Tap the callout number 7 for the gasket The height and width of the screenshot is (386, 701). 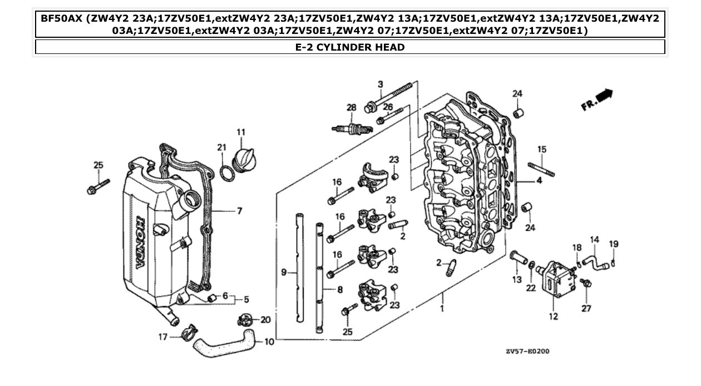239,211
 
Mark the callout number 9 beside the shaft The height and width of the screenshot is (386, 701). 284,273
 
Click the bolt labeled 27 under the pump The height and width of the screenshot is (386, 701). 585,284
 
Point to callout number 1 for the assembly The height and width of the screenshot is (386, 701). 442,308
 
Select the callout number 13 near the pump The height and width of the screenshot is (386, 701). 517,279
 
